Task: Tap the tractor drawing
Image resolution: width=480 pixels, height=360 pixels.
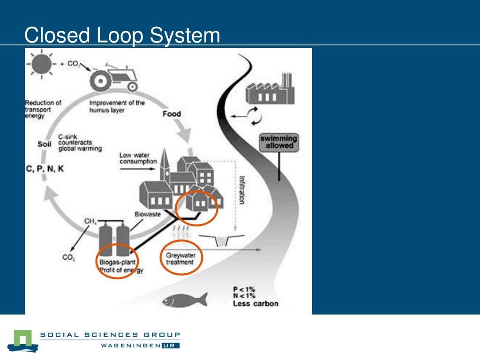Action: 114,77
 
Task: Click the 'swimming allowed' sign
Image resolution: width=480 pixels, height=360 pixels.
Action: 279,142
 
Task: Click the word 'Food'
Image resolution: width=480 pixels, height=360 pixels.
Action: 172,114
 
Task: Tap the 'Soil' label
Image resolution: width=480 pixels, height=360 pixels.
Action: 44,144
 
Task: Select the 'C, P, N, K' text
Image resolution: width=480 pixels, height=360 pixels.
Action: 45,169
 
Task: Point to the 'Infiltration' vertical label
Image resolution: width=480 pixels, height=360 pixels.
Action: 242,190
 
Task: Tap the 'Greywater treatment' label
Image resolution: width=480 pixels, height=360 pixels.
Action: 180,259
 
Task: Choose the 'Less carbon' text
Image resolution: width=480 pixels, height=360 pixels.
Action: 255,303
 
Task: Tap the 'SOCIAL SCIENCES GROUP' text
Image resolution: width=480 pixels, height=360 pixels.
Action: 111,335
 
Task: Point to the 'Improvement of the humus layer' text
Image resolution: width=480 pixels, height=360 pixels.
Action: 117,106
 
